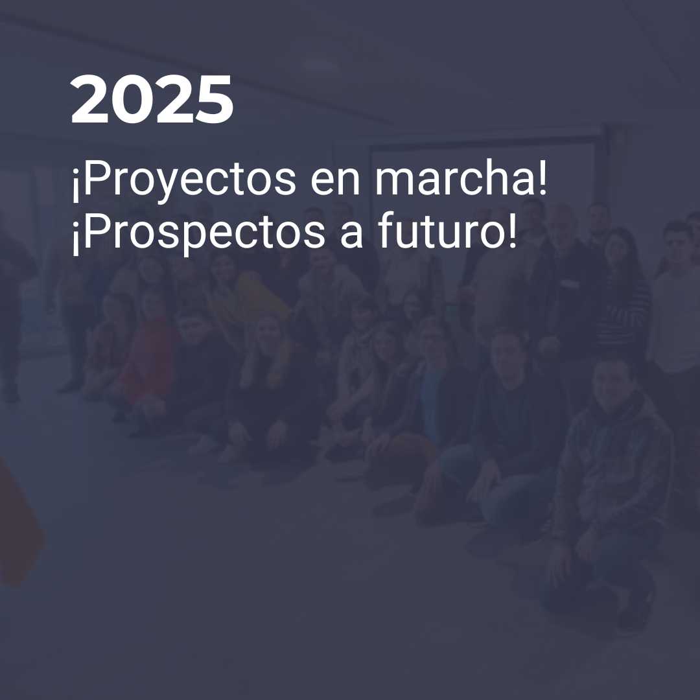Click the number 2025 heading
click(152, 99)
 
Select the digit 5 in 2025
click(214, 99)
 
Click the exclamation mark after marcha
click(542, 177)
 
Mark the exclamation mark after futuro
click(511, 230)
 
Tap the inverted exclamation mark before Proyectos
click(75, 185)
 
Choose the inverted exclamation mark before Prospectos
click(75, 238)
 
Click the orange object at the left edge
click(18, 522)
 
